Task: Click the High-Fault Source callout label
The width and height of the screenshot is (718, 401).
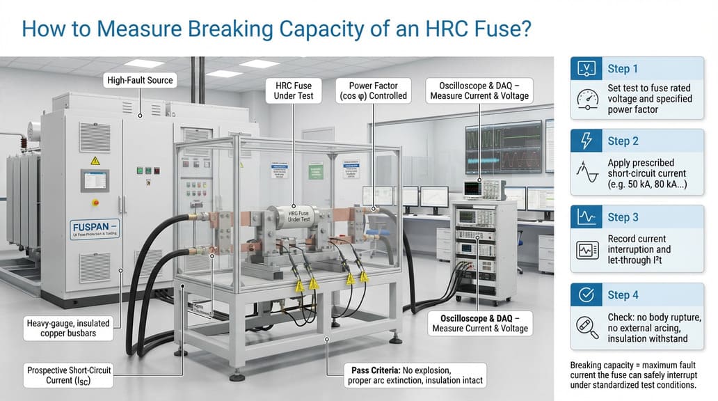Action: [x=140, y=81]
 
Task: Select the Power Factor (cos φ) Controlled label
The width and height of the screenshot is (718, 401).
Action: [x=372, y=90]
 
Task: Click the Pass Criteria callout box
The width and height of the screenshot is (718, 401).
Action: [x=415, y=375]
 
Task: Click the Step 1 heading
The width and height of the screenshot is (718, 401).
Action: [x=623, y=69]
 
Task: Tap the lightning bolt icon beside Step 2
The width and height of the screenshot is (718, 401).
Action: [x=587, y=141]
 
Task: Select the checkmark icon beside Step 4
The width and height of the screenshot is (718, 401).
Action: [x=587, y=294]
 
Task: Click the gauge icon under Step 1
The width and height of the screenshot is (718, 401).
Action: [x=589, y=100]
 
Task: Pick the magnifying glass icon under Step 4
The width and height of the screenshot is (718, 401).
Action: [x=589, y=326]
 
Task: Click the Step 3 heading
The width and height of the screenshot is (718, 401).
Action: [x=623, y=217]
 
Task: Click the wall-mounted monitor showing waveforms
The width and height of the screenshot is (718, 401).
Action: [x=503, y=146]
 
